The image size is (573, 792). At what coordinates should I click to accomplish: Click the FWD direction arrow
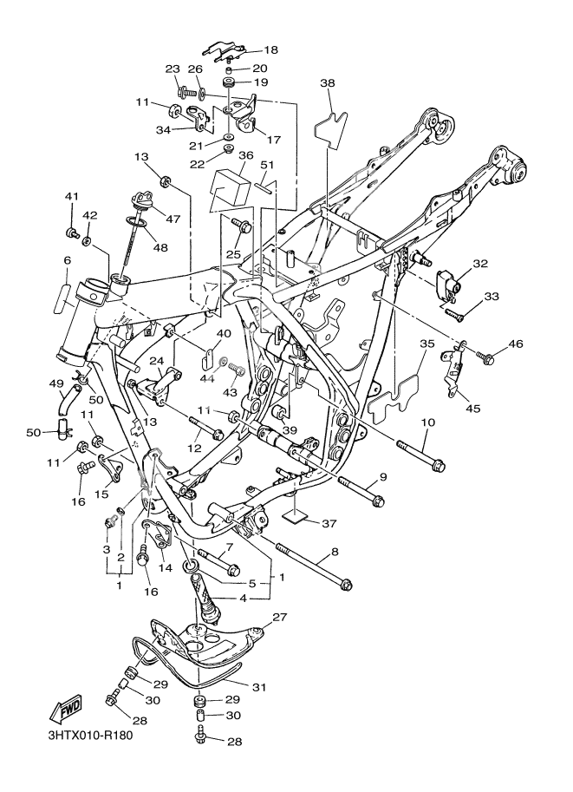64,710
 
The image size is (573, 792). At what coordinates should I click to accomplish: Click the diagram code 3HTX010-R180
90,735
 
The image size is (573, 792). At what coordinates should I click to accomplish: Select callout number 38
328,82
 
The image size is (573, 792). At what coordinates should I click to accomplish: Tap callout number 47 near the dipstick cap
173,219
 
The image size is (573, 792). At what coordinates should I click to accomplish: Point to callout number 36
246,155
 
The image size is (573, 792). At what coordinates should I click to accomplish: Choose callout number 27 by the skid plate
280,618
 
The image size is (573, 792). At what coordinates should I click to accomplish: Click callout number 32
480,264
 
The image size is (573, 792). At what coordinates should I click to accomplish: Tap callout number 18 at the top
270,50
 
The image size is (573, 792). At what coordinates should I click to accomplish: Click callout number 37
329,524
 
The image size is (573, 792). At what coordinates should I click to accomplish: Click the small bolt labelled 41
73,232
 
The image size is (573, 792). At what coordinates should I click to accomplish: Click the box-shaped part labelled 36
230,189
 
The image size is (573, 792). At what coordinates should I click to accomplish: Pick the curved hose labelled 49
68,399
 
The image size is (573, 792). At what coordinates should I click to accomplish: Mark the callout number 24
157,362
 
